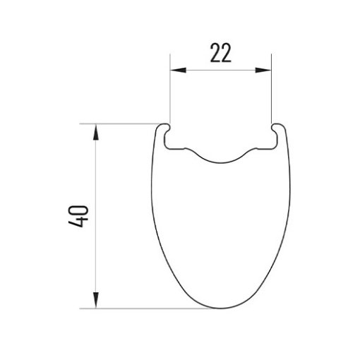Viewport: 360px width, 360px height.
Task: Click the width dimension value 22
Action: tap(220, 53)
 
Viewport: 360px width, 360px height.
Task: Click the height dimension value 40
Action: tap(78, 216)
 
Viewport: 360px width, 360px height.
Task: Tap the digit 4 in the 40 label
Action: tap(78, 222)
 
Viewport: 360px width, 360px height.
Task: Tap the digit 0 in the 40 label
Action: tap(78, 210)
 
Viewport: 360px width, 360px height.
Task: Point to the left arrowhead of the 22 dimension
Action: tap(178, 70)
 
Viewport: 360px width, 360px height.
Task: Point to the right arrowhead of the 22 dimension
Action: tap(263, 70)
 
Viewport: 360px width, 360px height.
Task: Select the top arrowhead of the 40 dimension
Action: tap(95, 132)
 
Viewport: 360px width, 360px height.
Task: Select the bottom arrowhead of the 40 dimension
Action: tap(95, 300)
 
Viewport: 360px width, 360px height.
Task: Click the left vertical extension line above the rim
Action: tap(170, 89)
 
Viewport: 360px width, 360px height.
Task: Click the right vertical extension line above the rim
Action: tap(272, 89)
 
